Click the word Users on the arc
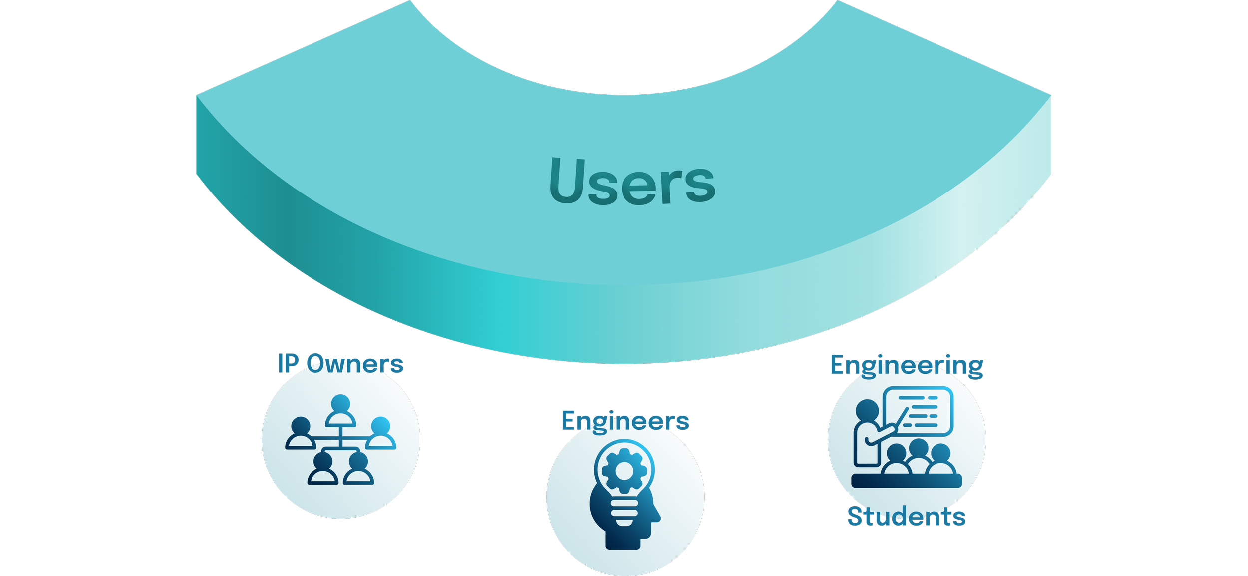click(x=632, y=182)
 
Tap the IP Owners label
click(x=340, y=364)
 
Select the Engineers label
click(x=625, y=421)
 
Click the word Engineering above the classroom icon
click(x=907, y=366)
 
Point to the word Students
click(x=907, y=517)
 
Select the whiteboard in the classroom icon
click(x=919, y=411)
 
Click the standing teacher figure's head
click(x=867, y=411)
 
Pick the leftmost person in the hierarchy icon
click(x=300, y=433)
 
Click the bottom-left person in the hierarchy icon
click(x=322, y=468)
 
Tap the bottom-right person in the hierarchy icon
click(x=358, y=468)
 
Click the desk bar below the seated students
click(x=906, y=481)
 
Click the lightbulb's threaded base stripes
click(x=624, y=513)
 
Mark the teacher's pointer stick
click(x=901, y=418)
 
